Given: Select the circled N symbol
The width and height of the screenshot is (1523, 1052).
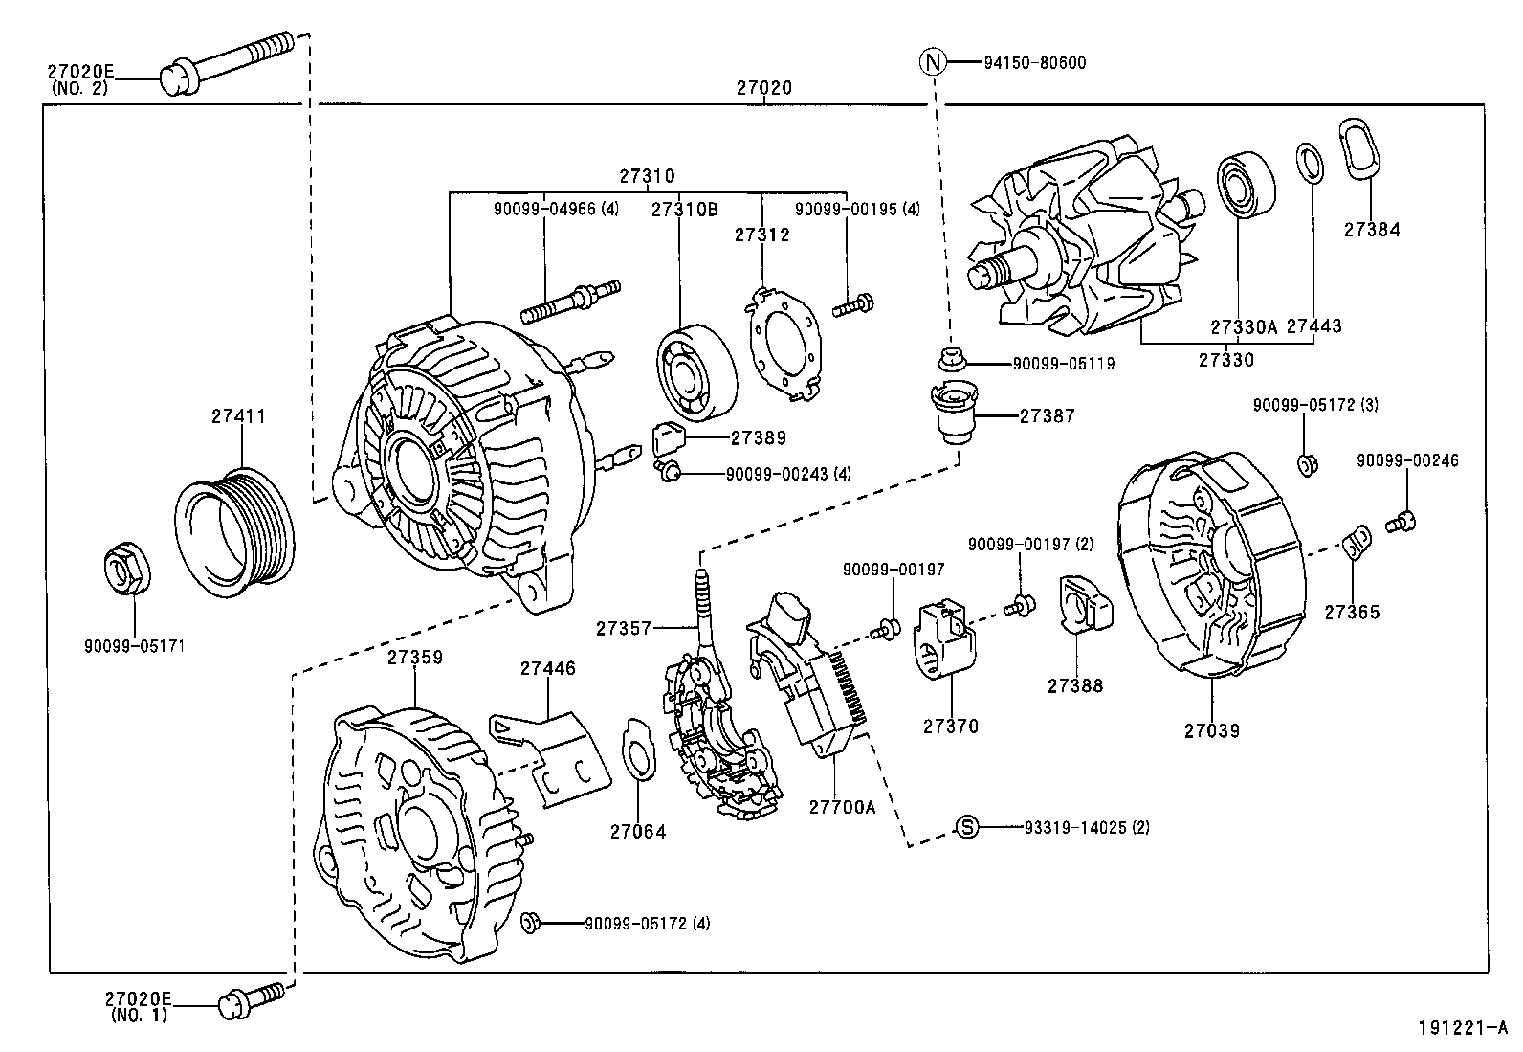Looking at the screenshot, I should (x=933, y=63).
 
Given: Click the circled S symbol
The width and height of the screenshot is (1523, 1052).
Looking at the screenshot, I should (x=968, y=827).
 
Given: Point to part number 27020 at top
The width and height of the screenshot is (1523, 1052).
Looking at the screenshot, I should (x=763, y=88).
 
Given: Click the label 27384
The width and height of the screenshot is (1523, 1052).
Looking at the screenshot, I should (x=1371, y=230).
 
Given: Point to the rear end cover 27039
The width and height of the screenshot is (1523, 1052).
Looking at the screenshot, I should (x=1210, y=570).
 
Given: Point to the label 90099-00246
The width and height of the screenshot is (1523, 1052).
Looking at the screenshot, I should (x=1407, y=460).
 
